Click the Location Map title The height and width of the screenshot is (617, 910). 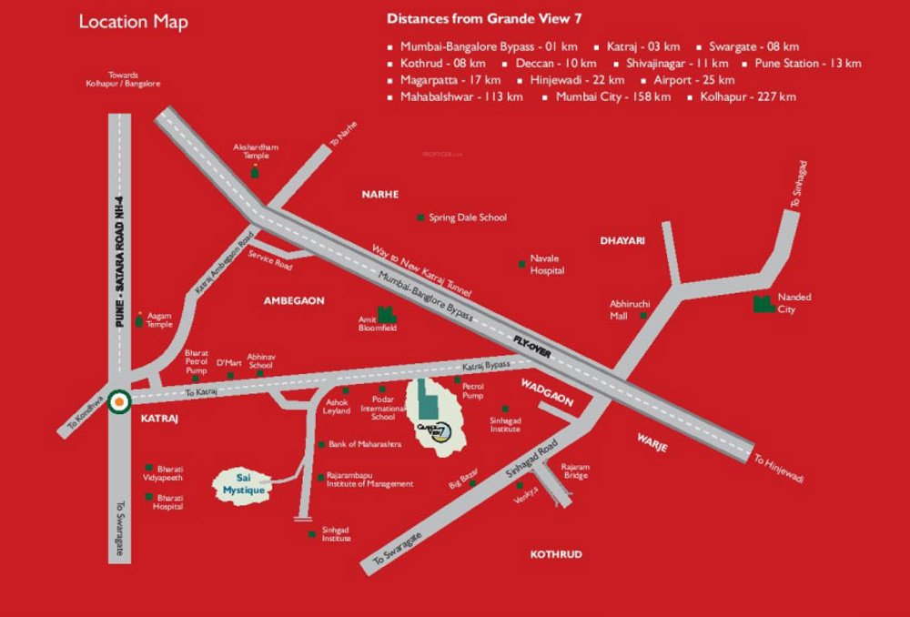click(133, 22)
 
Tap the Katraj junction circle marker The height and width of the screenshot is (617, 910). click(117, 400)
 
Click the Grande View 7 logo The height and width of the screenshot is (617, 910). click(438, 430)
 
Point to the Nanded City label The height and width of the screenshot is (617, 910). click(794, 303)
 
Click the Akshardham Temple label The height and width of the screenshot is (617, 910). click(256, 151)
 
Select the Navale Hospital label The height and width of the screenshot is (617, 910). click(547, 265)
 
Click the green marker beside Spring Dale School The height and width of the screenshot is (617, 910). click(420, 217)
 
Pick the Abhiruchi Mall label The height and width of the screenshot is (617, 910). click(623, 310)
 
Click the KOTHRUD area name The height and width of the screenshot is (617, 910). click(555, 554)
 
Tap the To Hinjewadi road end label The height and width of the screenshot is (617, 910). click(778, 468)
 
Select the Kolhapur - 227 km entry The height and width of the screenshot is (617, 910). click(747, 96)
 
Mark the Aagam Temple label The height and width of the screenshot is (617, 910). click(159, 319)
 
